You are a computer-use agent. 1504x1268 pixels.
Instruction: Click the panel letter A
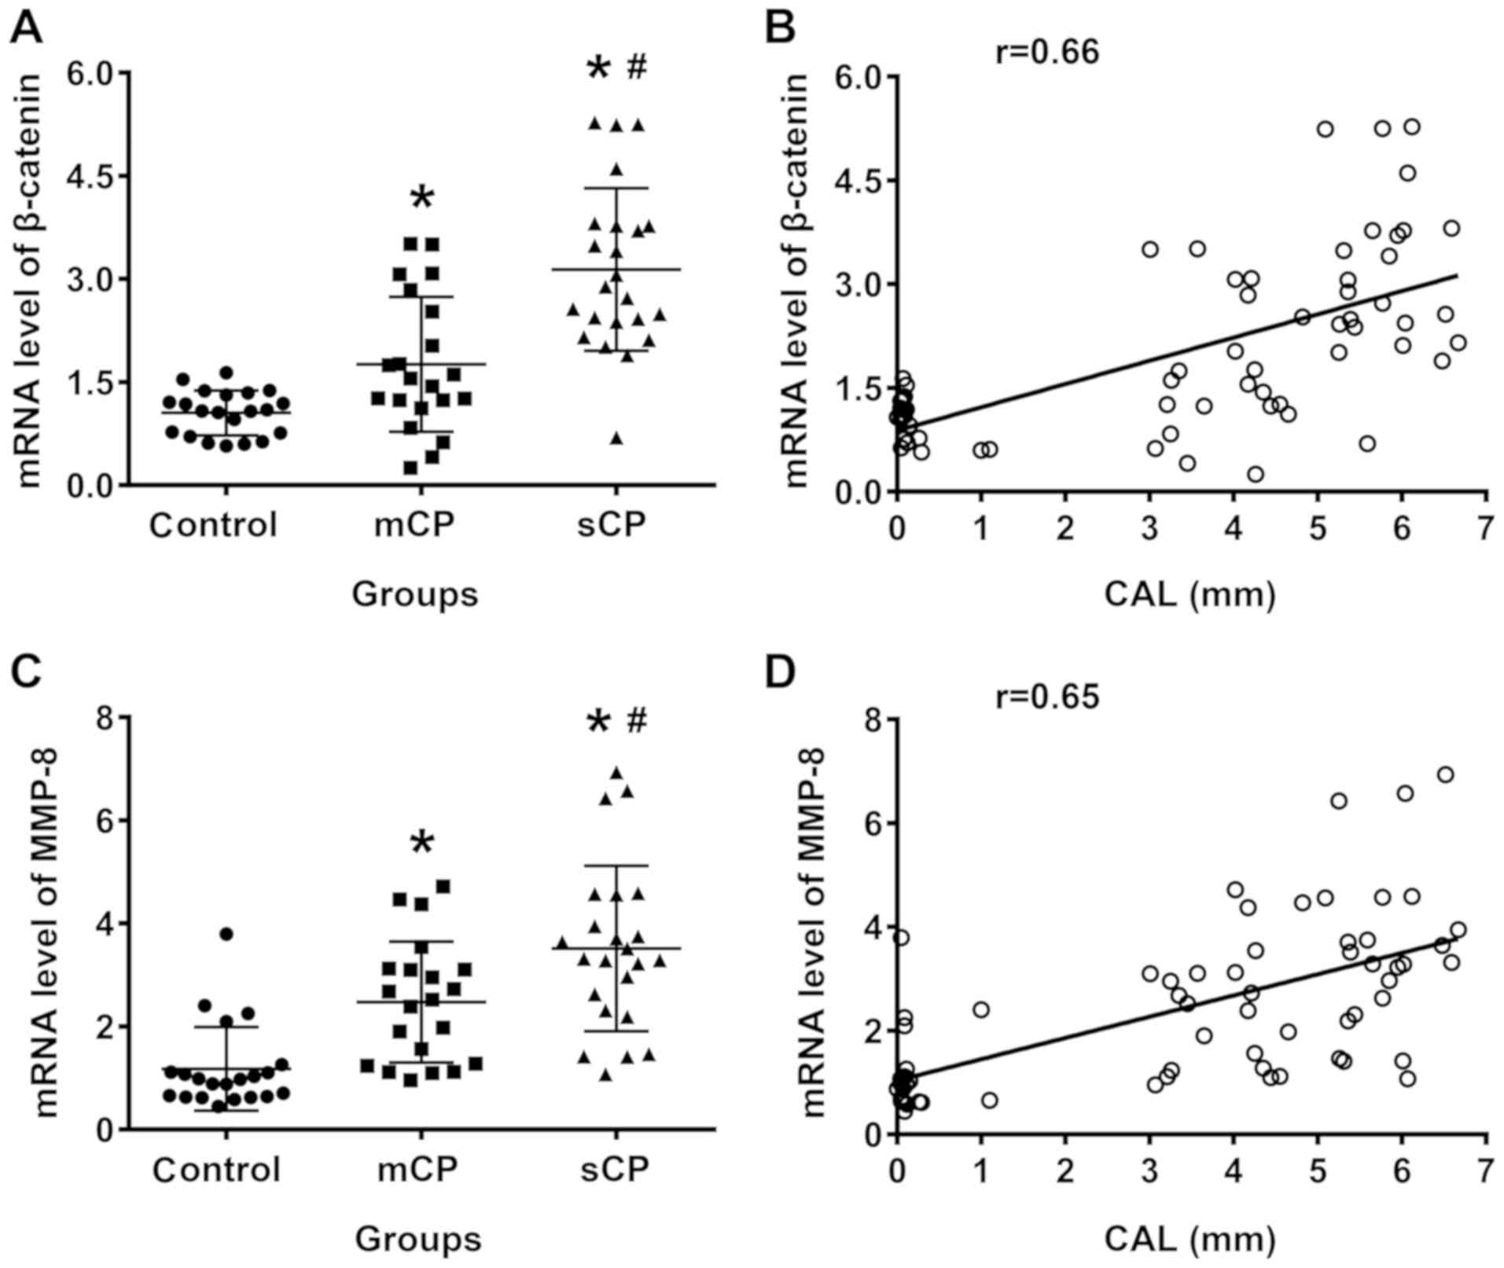(x=25, y=29)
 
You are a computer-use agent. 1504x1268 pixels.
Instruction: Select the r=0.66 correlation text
(x=1046, y=53)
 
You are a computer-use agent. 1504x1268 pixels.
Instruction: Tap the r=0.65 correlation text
(x=1046, y=696)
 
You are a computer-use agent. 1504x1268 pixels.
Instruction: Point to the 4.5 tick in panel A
(x=90, y=175)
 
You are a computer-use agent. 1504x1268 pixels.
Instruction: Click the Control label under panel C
(x=216, y=1170)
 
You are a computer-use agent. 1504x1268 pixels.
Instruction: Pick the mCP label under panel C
(x=417, y=1170)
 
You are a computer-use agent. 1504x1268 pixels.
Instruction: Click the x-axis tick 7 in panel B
(x=1484, y=529)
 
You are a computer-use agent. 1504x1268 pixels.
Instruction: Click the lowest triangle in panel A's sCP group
(x=616, y=439)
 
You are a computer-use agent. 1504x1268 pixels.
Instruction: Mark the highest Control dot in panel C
(x=226, y=934)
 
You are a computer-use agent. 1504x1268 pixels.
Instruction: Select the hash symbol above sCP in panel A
(x=637, y=68)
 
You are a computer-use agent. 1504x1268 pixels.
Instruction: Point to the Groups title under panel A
(x=414, y=594)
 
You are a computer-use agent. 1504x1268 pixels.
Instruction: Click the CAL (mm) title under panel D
(x=1190, y=1239)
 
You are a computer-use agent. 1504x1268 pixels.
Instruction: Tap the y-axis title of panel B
(x=796, y=281)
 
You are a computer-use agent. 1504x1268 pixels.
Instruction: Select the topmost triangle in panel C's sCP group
(x=616, y=773)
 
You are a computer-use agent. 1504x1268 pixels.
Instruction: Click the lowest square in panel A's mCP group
(x=410, y=468)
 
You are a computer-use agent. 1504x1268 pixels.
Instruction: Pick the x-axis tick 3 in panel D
(x=1149, y=1173)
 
